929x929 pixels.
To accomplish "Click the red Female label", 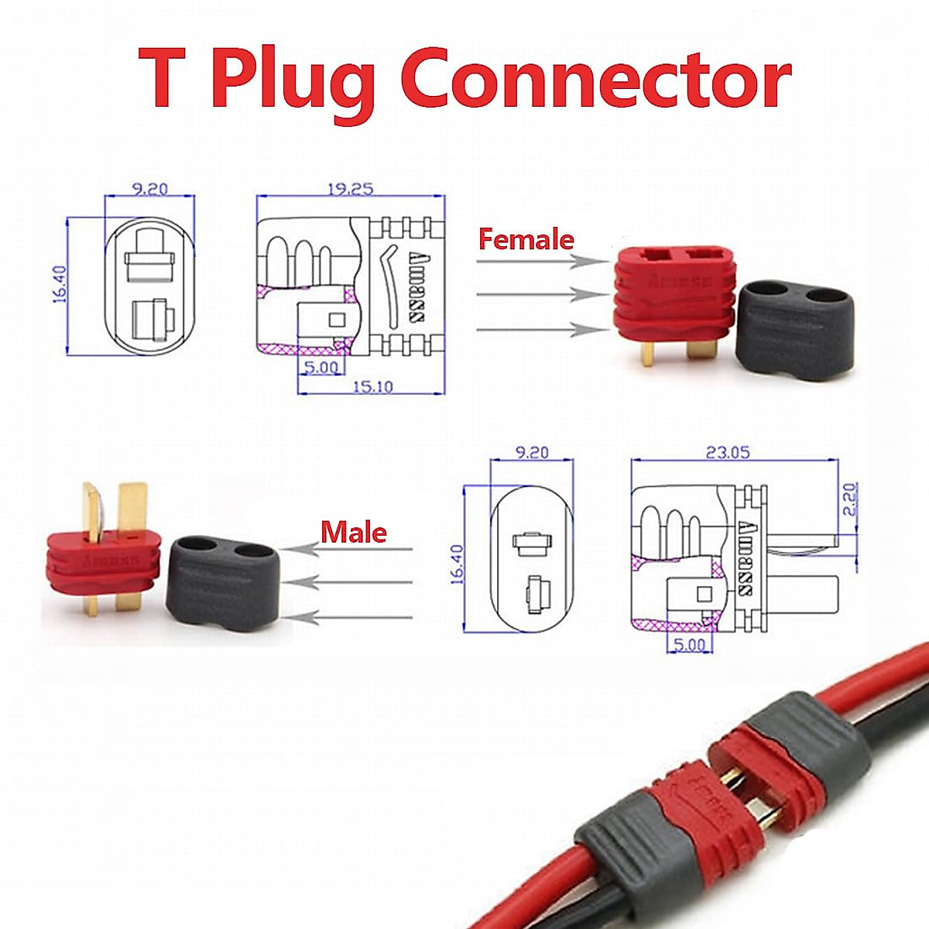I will (526, 239).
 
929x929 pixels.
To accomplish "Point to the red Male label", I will (354, 532).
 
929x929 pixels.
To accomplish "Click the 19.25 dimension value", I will (350, 188).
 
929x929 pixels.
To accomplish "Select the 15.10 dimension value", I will (372, 386).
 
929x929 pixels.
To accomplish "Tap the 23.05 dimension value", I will (728, 452).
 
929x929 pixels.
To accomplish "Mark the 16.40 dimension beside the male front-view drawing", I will (456, 564).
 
